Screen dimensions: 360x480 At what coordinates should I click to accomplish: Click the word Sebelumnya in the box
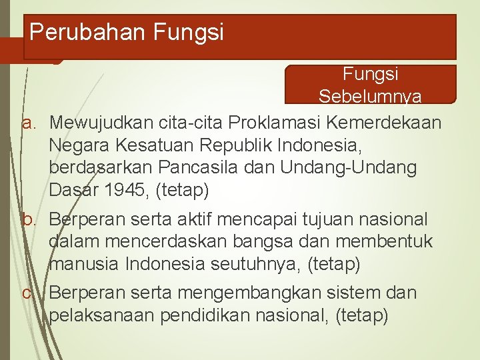point(369,97)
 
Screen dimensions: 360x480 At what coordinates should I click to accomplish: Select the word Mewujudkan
point(101,123)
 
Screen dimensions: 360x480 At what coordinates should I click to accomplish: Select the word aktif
point(189,219)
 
